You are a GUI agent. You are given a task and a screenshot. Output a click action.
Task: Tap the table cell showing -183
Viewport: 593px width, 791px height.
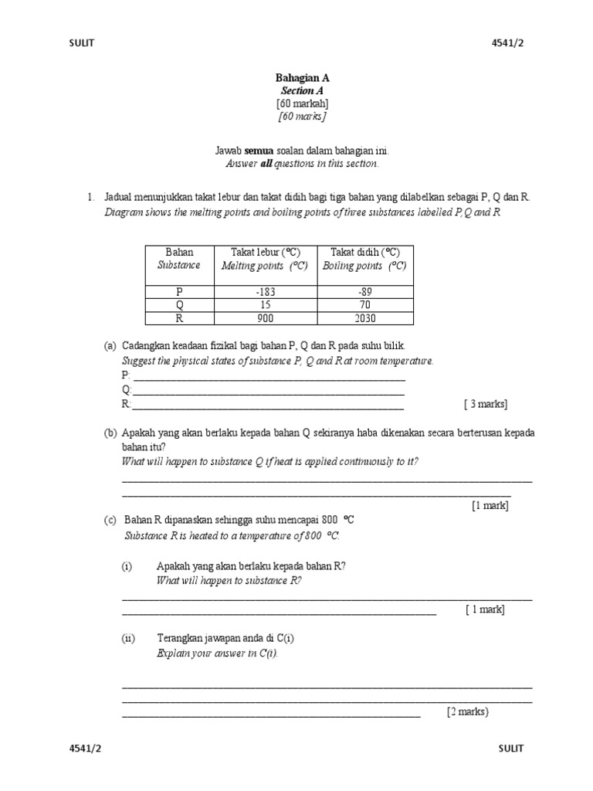tap(264, 292)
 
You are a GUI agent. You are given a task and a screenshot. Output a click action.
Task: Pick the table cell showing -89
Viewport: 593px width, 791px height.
tap(364, 292)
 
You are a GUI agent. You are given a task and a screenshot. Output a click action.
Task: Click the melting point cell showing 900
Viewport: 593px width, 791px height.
tap(264, 318)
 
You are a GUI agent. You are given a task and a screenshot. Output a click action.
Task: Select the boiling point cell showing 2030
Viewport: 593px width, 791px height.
tap(364, 318)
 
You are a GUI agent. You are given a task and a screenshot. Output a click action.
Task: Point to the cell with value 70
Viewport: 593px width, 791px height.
tap(364, 305)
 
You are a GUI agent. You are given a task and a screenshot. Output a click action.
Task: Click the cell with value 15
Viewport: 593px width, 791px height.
tap(264, 305)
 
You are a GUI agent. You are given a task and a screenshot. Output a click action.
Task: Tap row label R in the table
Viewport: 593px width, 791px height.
tap(179, 318)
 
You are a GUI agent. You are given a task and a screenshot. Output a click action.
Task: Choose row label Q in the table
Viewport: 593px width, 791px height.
tap(179, 305)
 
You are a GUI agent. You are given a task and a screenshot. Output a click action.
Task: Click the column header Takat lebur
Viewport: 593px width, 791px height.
tap(264, 253)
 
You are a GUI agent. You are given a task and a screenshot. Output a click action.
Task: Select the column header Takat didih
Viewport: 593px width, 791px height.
tap(364, 253)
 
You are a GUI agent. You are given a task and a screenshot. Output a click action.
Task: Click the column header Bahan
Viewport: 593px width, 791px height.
tap(179, 253)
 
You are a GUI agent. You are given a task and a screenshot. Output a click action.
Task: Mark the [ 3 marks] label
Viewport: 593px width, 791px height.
tap(486, 404)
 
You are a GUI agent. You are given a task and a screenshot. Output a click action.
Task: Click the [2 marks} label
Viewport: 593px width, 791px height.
tap(468, 712)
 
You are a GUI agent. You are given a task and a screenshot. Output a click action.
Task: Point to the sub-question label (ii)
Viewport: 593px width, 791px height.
tap(128, 638)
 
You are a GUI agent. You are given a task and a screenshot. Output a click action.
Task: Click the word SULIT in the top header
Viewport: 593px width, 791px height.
tap(82, 43)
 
